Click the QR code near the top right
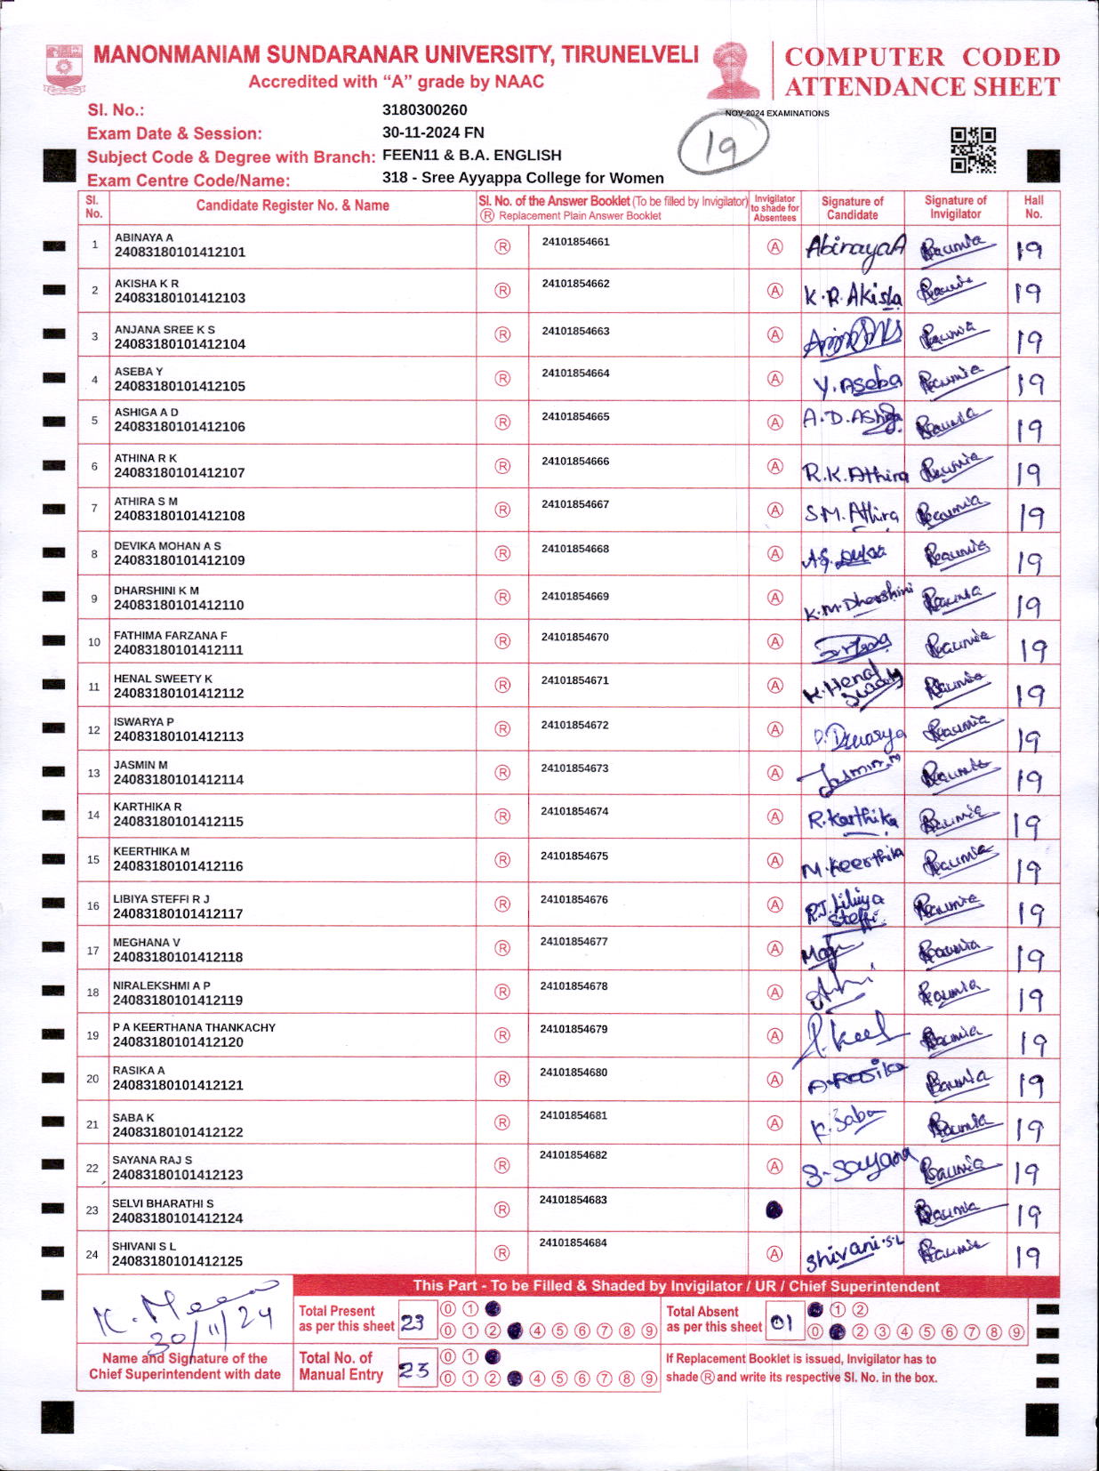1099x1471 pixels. coord(973,149)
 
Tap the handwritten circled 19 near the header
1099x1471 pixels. coord(724,147)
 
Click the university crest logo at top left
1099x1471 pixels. coord(64,69)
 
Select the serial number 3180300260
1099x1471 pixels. coord(424,110)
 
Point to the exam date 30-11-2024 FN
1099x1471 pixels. coord(433,133)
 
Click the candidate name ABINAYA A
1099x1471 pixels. coord(144,237)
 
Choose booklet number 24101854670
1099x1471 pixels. coord(575,638)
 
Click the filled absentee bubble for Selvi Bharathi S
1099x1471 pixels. coord(774,1210)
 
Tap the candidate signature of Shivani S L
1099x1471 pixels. coord(853,1254)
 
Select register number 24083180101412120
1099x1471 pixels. coord(178,1041)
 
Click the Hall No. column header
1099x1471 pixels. coord(1033,207)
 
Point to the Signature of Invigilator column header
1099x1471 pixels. coord(955,207)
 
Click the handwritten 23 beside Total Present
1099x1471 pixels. coord(413,1322)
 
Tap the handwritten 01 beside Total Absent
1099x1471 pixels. coord(782,1323)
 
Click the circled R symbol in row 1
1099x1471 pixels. coord(502,247)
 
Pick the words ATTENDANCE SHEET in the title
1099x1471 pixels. coord(922,87)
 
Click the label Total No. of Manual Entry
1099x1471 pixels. coord(341,1366)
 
